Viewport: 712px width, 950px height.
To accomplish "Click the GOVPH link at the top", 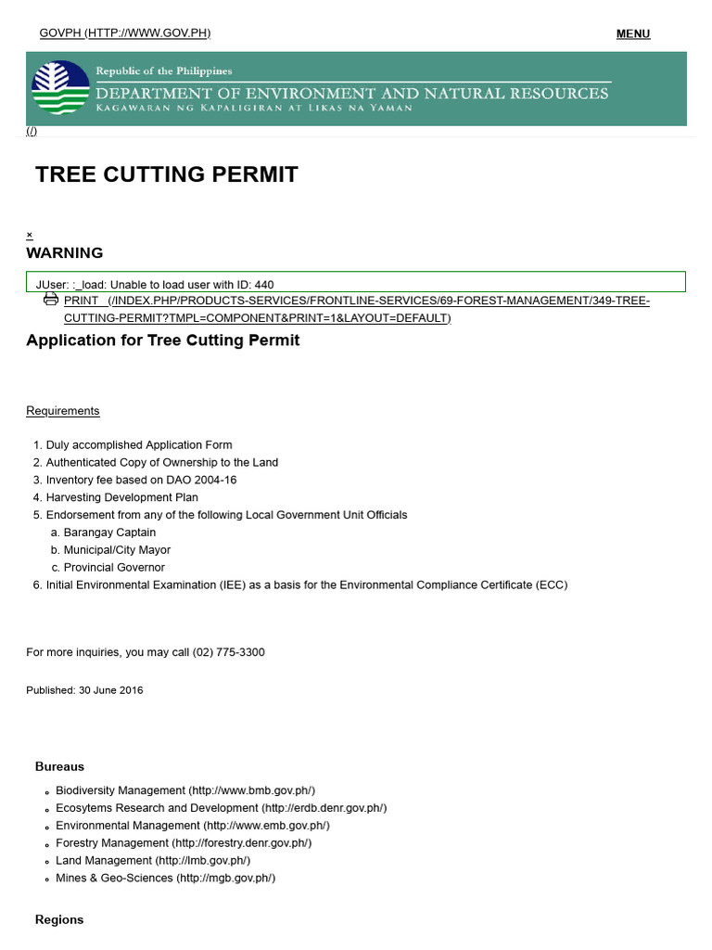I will [124, 33].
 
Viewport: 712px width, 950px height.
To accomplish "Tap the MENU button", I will [632, 34].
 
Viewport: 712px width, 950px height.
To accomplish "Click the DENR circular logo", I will [60, 88].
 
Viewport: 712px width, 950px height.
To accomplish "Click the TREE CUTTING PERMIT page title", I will [167, 174].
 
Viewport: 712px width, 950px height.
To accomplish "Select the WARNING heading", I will [64, 253].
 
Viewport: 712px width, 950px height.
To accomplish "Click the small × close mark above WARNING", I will [30, 235].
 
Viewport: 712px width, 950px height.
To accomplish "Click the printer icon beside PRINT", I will [51, 300].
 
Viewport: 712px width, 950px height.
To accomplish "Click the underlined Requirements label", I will [62, 411].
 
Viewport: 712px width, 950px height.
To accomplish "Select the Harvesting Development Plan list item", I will [121, 497].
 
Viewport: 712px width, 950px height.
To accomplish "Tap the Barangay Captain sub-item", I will [109, 533].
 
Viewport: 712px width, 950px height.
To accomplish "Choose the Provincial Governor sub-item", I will [114, 567].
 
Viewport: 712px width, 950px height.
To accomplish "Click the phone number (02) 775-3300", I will [228, 652].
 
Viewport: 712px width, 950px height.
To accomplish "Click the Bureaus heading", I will [59, 766].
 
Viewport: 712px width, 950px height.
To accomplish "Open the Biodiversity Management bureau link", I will [185, 790].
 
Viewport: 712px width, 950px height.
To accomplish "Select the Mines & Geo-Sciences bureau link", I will [165, 878].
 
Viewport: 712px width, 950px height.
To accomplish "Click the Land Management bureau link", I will [153, 860].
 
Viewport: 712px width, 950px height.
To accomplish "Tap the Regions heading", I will [59, 919].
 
